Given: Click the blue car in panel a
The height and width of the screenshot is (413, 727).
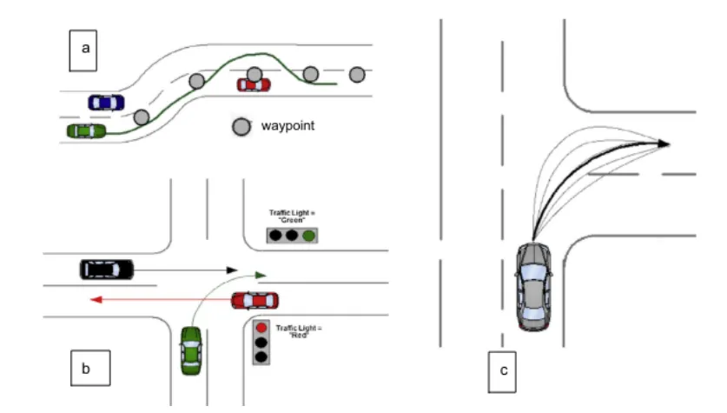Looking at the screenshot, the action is [106, 103].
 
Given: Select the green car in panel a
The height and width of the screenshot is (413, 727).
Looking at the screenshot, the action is [86, 131].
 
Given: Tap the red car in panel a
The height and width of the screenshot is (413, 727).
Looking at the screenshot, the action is [254, 85].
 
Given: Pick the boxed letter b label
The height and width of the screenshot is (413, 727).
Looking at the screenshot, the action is [90, 368].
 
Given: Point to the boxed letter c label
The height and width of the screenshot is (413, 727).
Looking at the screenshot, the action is [502, 372].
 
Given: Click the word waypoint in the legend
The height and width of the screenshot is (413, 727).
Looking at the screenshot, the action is [287, 126].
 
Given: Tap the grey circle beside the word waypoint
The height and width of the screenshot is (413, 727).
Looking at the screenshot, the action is [241, 127].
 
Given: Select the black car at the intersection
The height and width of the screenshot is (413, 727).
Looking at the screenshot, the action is [107, 270].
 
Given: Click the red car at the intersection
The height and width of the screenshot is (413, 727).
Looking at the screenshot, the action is [255, 301].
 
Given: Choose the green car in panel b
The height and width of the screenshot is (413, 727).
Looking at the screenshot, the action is [191, 350].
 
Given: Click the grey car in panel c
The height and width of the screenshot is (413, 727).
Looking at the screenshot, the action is [533, 286].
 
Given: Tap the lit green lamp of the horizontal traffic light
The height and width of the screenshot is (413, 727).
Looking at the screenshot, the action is [309, 236].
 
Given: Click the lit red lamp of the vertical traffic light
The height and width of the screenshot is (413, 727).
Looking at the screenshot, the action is [261, 328].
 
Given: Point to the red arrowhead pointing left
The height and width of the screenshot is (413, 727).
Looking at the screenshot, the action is [96, 300].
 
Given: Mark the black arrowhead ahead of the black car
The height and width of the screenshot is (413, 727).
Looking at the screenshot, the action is [232, 270].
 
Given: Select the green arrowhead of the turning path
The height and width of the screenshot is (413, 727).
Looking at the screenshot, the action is [261, 275].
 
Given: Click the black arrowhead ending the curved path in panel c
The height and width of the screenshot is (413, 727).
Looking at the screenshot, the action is [664, 143].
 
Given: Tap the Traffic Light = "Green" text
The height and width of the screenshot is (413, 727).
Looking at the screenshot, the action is [292, 216].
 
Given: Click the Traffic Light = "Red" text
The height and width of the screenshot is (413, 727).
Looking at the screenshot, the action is [299, 331].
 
